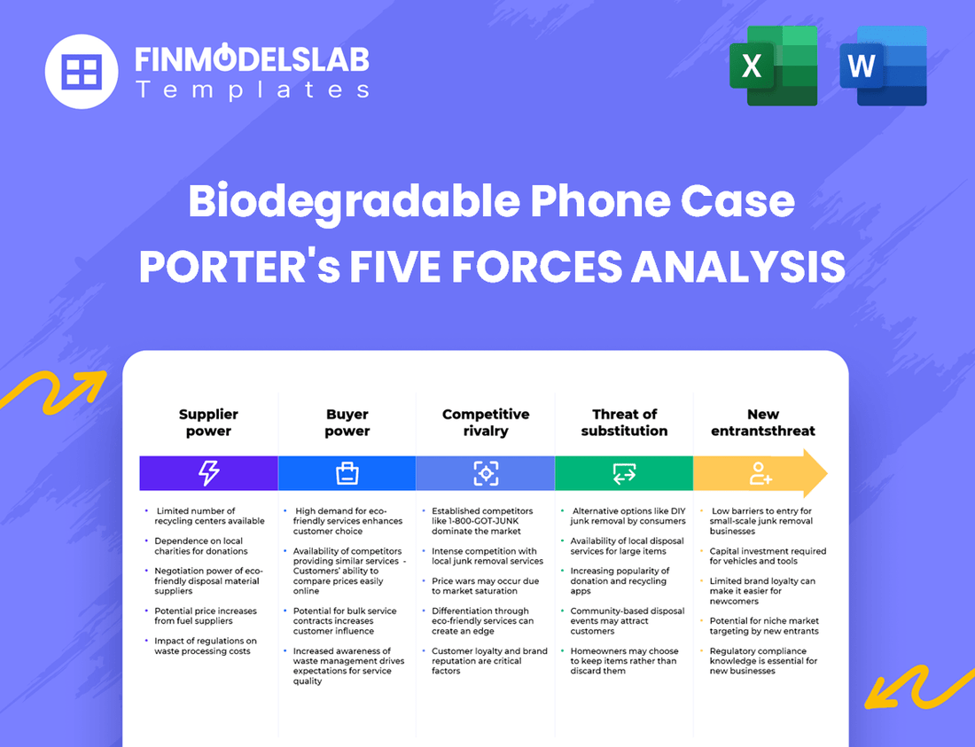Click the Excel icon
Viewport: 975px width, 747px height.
point(773,66)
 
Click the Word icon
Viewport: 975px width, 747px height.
point(883,66)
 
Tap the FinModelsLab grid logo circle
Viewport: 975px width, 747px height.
point(81,71)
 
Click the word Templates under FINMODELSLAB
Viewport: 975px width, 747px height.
point(252,90)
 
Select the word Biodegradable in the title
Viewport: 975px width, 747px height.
point(354,202)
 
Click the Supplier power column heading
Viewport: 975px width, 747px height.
point(208,423)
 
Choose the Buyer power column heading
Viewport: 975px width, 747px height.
point(347,423)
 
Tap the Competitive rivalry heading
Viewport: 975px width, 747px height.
point(486,423)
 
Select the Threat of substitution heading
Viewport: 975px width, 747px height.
point(624,423)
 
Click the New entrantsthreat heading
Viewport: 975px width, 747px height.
point(762,423)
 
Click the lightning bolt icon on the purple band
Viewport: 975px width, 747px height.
point(208,473)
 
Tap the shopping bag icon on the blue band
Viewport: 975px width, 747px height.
point(347,473)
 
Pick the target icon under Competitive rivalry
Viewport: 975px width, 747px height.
point(486,473)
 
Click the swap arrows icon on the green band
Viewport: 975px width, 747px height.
point(624,473)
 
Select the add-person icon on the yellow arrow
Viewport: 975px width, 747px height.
point(760,473)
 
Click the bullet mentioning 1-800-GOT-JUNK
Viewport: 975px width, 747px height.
point(482,521)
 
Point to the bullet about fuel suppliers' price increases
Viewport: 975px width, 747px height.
point(205,616)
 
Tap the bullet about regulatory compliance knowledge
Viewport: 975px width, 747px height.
point(762,661)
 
